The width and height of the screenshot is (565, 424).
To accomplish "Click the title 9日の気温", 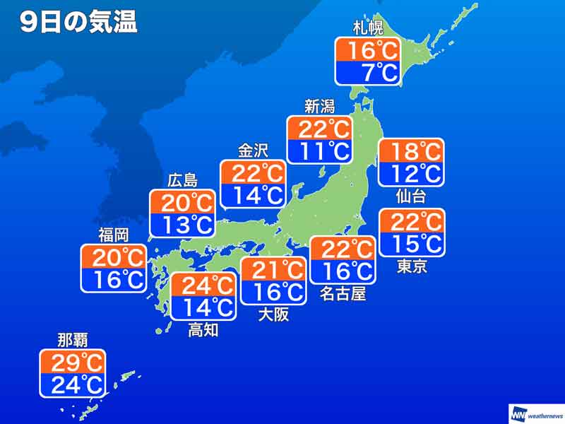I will coord(78,23).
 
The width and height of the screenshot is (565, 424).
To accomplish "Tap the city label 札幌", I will coord(367,29).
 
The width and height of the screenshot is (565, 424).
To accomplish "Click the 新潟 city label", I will coord(319,107).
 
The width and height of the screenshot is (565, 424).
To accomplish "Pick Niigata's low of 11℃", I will coord(319,150).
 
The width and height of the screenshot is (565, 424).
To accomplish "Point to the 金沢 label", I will coord(252,151).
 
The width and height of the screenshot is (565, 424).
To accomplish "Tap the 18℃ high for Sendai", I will coord(411,151).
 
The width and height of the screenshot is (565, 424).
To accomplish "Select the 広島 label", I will coord(182,181).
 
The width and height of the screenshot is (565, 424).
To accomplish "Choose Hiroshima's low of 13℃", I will coord(182,225).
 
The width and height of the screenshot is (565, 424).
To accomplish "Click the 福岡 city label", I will coord(113,235).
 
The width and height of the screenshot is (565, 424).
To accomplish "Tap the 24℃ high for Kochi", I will coord(203,285).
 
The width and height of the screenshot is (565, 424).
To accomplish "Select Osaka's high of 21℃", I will coord(273,269).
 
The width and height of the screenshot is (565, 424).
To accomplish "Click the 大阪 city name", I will coord(273,314).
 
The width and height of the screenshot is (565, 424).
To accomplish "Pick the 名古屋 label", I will coord(343,293).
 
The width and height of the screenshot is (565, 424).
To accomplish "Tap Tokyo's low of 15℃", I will coord(412,243).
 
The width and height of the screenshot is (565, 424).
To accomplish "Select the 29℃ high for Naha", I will coord(73,363).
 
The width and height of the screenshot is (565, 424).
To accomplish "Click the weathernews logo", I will coord(536,413).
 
